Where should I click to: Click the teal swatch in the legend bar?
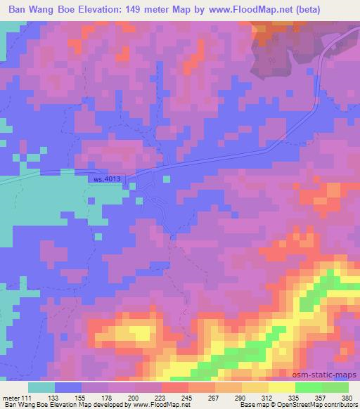click(x=41, y=387)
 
